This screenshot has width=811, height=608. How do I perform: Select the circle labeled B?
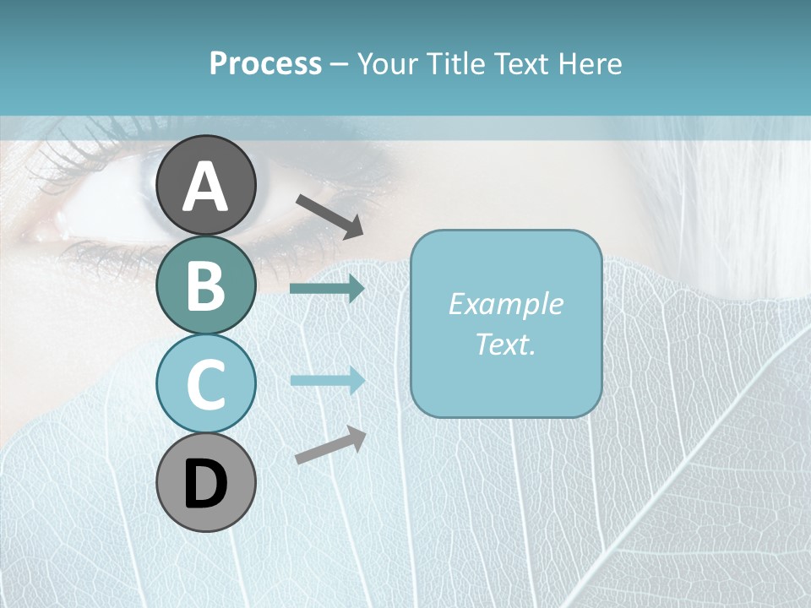[x=205, y=285]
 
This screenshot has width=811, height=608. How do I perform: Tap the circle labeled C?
[x=205, y=383]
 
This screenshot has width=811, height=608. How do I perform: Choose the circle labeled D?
[x=205, y=482]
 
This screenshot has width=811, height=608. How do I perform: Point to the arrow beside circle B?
[x=327, y=289]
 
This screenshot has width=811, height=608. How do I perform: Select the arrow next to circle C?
[x=327, y=380]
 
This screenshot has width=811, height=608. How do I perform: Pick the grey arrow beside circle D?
[x=330, y=446]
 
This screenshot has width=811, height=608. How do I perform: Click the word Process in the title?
[x=265, y=63]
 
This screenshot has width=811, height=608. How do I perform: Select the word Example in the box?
[x=505, y=304]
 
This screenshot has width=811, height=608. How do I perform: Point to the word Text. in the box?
[x=505, y=344]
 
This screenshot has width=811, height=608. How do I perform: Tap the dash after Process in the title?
[x=339, y=64]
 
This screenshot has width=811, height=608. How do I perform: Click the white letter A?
[x=205, y=187]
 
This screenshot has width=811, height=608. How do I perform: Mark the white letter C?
[x=205, y=385]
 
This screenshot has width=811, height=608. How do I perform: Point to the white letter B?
[x=205, y=286]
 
